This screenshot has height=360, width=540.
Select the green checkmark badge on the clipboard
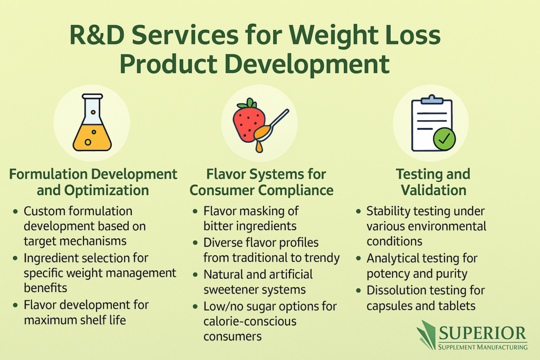pos(444,139)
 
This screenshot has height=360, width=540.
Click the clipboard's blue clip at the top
pos(432,100)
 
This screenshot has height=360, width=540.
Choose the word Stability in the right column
pos(389,211)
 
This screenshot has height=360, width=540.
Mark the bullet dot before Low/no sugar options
pos(196,307)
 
